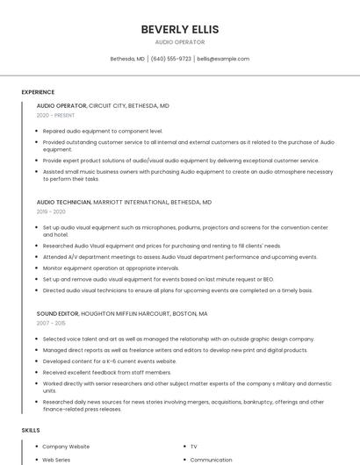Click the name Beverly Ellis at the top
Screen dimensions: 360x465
[180, 29]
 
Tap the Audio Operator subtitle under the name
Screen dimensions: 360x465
[180, 42]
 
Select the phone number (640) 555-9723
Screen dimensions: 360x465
[171, 59]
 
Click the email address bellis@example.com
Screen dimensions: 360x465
[223, 59]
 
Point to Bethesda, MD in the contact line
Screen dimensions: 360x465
[127, 59]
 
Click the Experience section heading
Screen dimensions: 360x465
[38, 91]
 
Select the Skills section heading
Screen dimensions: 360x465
[31, 431]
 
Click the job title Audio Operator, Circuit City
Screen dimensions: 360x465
[103, 105]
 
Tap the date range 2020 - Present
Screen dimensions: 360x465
[55, 115]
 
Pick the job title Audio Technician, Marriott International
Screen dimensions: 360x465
[124, 202]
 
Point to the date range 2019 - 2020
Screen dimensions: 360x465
[51, 211]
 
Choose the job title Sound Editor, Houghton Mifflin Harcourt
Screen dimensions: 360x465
[122, 313]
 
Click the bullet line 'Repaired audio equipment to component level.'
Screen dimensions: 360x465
[103, 131]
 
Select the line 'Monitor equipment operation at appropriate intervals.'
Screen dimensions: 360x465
[111, 268]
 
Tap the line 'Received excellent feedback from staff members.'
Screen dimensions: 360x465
[107, 372]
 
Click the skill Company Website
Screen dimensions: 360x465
[66, 447]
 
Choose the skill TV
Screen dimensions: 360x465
[194, 447]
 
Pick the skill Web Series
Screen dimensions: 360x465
[56, 460]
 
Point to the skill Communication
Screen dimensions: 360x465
[211, 460]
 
